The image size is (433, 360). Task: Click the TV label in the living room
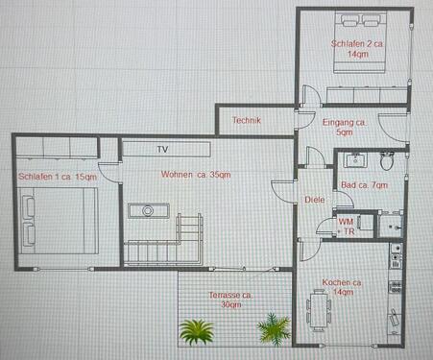pos(162,149)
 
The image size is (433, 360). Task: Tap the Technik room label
pos(247,120)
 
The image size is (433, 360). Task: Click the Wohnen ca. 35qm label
pos(196,175)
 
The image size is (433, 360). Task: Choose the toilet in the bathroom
pos(386,160)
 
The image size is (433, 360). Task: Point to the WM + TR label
pos(347,227)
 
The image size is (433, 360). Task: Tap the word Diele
pos(314,200)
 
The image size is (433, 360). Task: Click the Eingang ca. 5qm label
pos(345,129)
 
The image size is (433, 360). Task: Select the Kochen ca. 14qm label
pos(342,289)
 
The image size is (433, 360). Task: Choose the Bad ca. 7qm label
pos(364,184)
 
